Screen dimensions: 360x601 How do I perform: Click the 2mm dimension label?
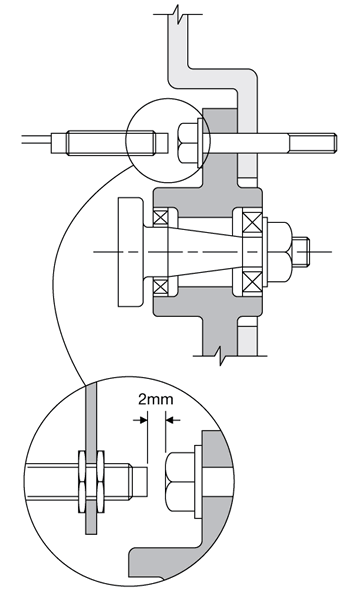pos(156,399)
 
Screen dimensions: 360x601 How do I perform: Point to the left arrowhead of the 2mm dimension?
pos(143,420)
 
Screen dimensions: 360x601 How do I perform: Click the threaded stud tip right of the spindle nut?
pos(301,251)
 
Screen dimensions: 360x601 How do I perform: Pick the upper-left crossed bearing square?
pos(160,217)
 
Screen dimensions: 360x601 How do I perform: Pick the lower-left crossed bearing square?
pos(160,287)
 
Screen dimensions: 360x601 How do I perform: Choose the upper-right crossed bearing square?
pos(253,222)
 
